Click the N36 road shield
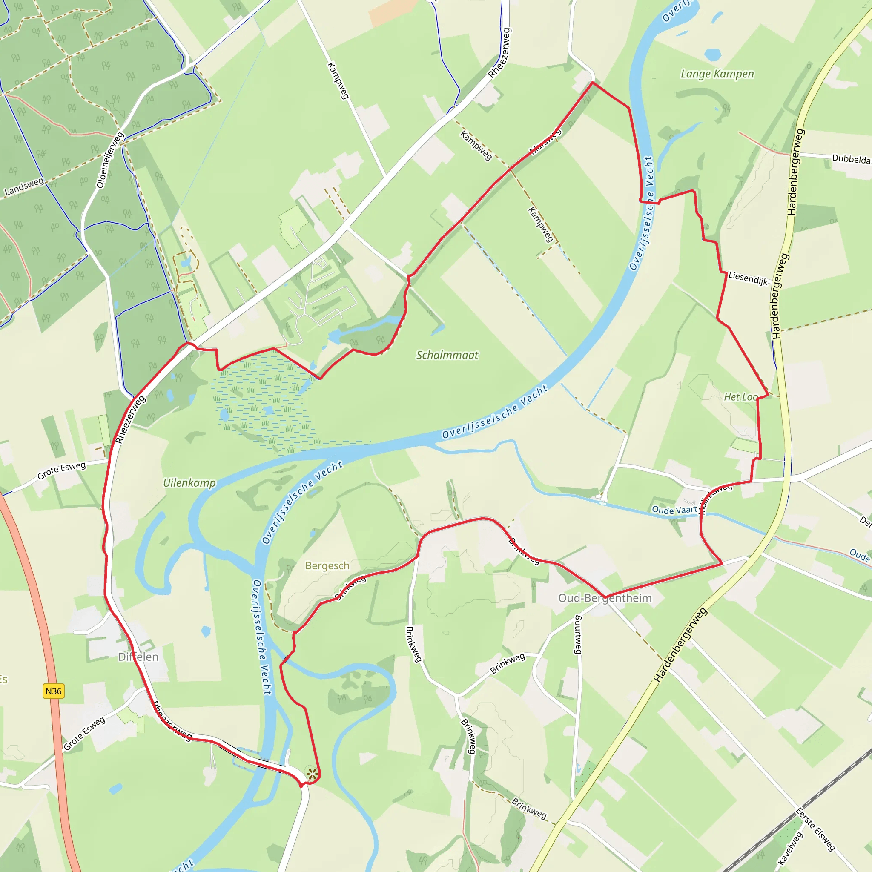(x=53, y=691)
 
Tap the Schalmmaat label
(x=447, y=355)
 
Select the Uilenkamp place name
(x=189, y=483)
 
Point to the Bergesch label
(x=327, y=565)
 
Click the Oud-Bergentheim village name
(x=605, y=598)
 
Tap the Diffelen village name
(x=138, y=657)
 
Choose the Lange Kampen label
(x=717, y=74)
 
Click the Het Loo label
(x=741, y=397)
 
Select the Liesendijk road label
(x=748, y=278)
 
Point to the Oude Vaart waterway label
(x=674, y=510)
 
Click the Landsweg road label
(x=24, y=187)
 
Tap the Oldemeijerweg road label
(x=110, y=160)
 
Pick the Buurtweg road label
(x=578, y=634)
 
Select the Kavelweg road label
(x=790, y=848)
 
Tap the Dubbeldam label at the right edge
(x=851, y=159)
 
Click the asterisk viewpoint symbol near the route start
(x=312, y=774)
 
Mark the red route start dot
(x=301, y=785)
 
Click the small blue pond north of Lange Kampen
(x=712, y=55)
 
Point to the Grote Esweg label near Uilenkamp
(x=61, y=471)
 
